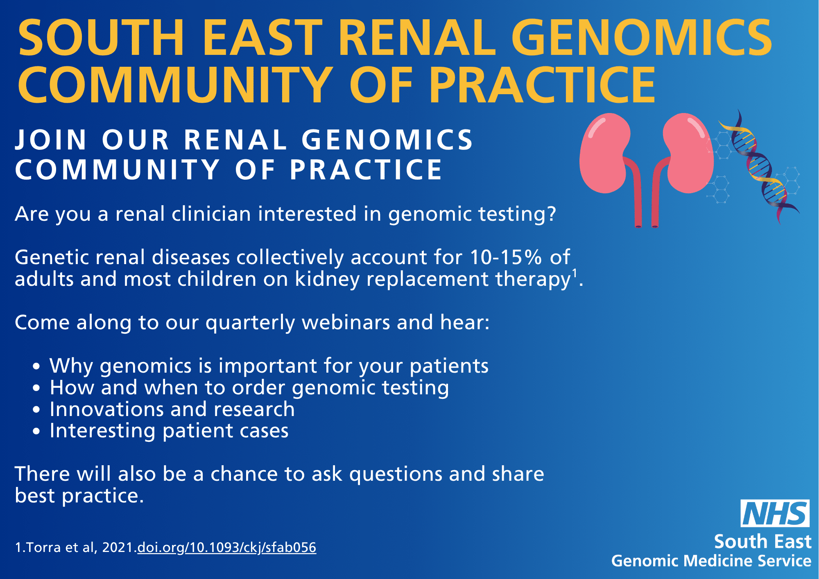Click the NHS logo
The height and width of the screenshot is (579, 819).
(x=775, y=513)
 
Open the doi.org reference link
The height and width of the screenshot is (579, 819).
(x=227, y=547)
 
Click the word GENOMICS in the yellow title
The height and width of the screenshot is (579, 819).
(x=642, y=38)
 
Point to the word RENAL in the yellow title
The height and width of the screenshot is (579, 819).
(x=417, y=38)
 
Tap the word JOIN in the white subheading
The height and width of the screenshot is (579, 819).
(x=51, y=140)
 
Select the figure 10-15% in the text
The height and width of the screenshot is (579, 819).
(x=506, y=257)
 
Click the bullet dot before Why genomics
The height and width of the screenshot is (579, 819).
(x=37, y=366)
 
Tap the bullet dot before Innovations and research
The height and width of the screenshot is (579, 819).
(x=37, y=409)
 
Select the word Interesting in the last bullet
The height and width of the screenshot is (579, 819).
(x=102, y=431)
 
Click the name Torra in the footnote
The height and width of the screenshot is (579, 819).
(x=44, y=547)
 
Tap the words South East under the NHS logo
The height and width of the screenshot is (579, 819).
(x=762, y=541)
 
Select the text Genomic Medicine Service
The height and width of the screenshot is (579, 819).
(x=711, y=561)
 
